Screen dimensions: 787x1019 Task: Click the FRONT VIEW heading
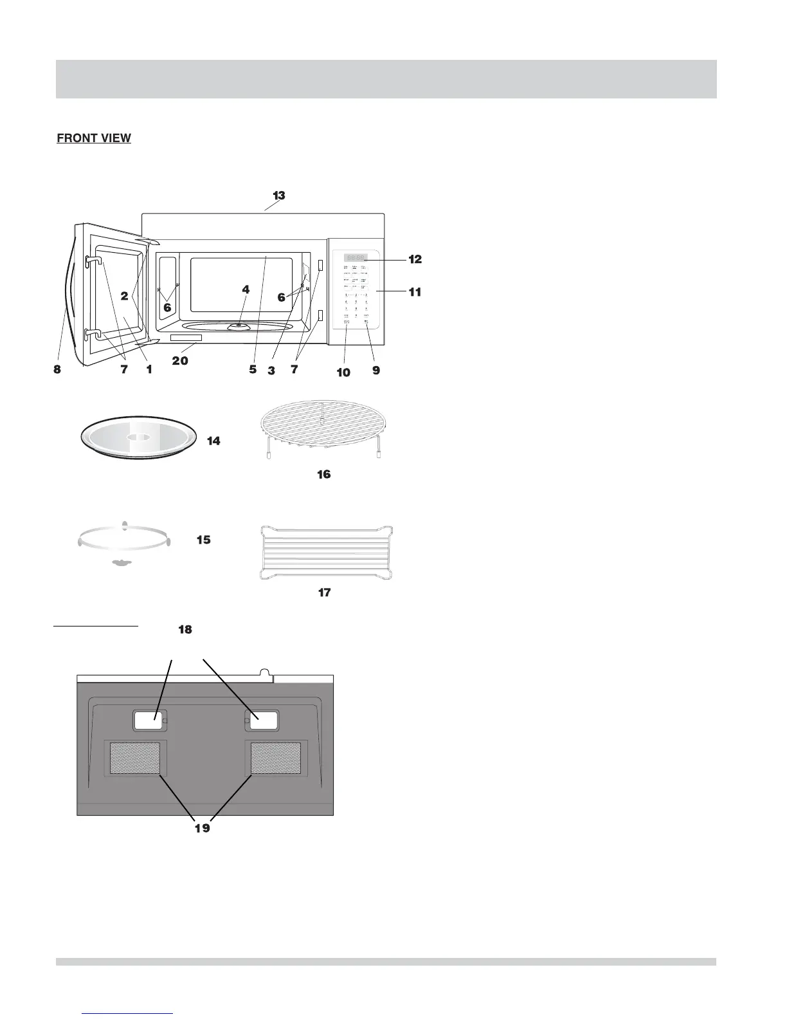(94, 138)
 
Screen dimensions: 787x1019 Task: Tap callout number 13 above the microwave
(278, 195)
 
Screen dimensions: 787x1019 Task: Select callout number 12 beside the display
(415, 259)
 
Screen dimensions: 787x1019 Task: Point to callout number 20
(180, 361)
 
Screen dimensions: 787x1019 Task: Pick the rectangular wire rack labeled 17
(325, 551)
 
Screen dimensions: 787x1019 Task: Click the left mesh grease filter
(135, 758)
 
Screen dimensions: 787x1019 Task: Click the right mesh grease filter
(275, 758)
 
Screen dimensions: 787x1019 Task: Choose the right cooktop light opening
(263, 721)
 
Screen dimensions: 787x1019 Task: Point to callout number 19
(203, 828)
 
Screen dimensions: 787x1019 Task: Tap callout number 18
(185, 630)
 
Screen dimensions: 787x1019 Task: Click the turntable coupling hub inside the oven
(239, 327)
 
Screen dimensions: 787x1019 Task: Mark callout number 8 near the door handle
(57, 370)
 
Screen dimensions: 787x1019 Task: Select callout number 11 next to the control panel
(415, 292)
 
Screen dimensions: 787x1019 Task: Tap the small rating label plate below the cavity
(186, 338)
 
